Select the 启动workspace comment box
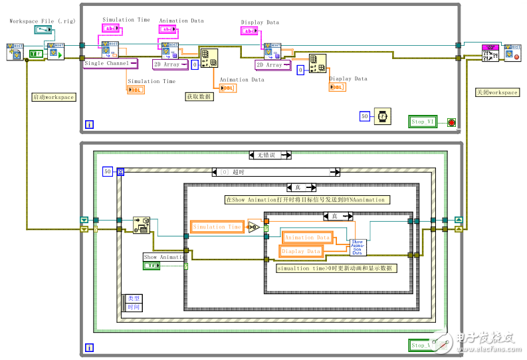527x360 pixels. (53, 97)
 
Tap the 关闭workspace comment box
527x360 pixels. (497, 92)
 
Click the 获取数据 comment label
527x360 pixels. (199, 96)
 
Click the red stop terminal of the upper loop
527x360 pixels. (451, 122)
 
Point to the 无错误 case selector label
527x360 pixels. (270, 155)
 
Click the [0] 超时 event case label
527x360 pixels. (275, 172)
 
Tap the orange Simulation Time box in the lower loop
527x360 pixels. (217, 227)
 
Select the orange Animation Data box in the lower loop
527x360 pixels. (308, 237)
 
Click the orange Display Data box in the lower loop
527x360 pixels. (302, 251)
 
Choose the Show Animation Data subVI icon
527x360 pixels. (358, 247)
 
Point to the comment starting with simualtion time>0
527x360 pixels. (336, 268)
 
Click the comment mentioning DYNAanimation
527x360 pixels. (304, 199)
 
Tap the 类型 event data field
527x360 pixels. (134, 299)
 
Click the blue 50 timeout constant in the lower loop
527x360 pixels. (108, 172)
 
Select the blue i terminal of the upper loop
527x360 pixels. (90, 124)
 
